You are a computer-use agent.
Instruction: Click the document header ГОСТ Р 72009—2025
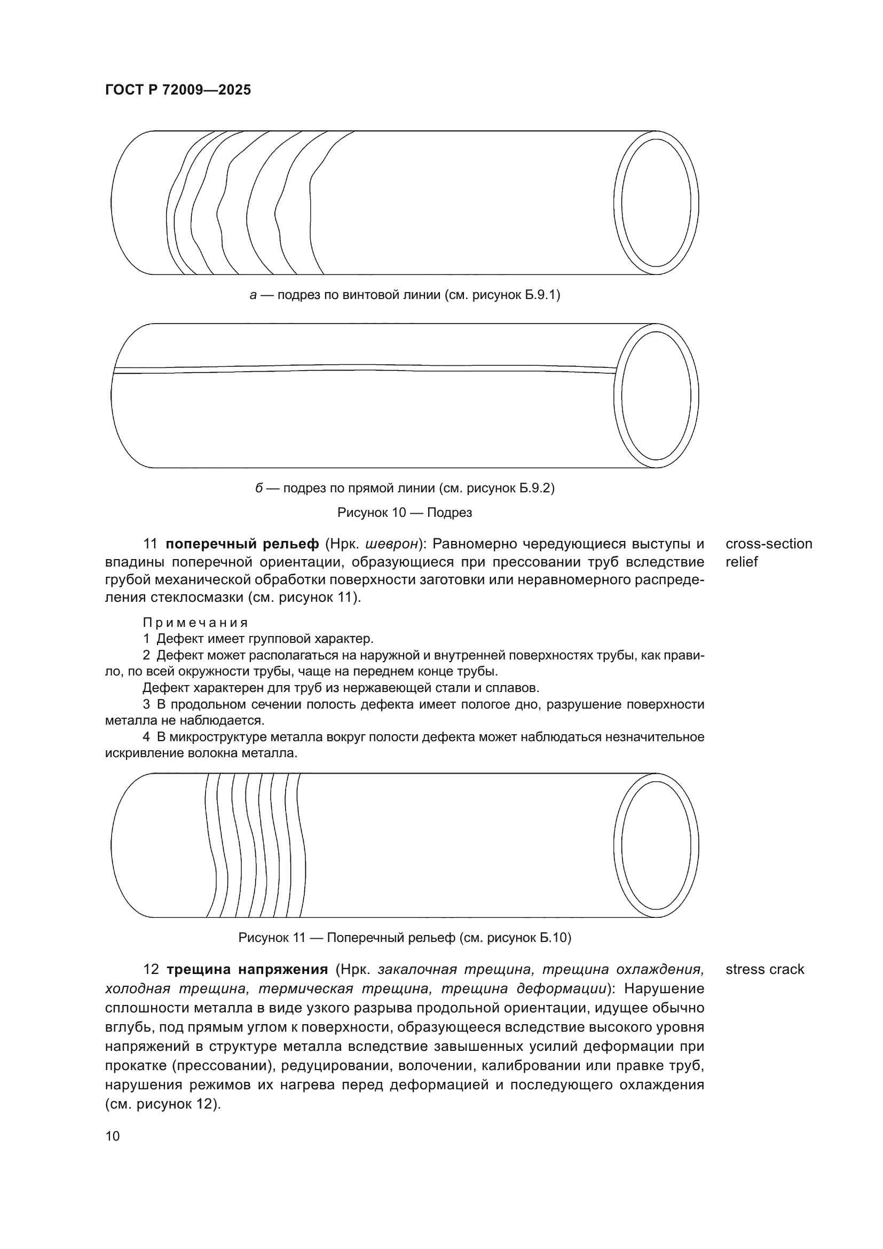click(x=178, y=90)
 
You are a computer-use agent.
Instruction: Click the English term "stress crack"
click(x=764, y=969)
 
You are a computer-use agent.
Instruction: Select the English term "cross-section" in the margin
click(x=769, y=544)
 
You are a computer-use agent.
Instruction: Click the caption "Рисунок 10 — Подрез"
click(x=405, y=513)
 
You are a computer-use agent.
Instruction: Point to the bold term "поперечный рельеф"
click(x=242, y=544)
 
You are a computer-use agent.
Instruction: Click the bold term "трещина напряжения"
click(x=247, y=969)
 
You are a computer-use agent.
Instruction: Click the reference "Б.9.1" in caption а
click(x=540, y=295)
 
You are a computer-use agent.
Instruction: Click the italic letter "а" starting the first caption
click(x=253, y=295)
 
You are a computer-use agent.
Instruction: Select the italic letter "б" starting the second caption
click(x=259, y=488)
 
